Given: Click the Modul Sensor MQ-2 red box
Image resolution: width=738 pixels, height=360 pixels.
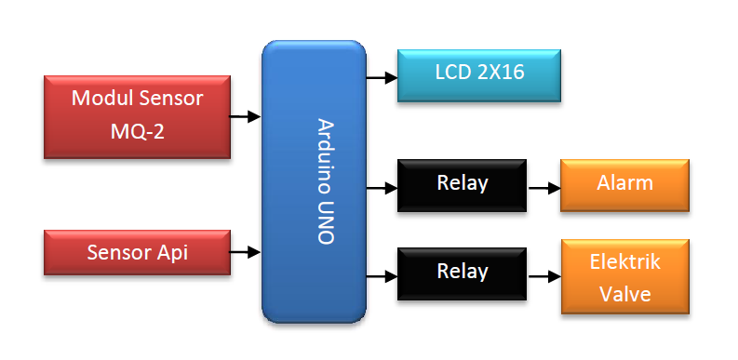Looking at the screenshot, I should tap(137, 117).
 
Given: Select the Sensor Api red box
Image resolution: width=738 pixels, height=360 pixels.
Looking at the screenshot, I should tap(137, 252).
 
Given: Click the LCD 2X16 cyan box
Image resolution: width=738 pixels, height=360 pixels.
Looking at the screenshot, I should tap(479, 74).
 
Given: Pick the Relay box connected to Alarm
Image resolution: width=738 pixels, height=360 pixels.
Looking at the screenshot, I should tap(462, 184).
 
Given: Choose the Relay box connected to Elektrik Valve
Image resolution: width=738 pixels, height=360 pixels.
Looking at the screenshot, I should tap(462, 273).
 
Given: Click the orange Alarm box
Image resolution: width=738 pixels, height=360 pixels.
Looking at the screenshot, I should tap(624, 184).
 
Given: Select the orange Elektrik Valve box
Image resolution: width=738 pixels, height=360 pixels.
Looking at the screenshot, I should tap(624, 276).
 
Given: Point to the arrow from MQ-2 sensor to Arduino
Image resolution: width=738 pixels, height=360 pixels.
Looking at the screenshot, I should tap(246, 117).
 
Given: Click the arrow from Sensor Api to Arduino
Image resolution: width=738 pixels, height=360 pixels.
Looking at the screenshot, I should tap(246, 251).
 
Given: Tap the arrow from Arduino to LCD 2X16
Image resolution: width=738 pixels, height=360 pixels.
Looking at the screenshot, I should tap(382, 78).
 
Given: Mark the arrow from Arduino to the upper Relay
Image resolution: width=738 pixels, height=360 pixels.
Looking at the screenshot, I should tap(382, 188).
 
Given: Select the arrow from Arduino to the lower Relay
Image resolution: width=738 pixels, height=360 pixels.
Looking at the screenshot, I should tap(382, 275).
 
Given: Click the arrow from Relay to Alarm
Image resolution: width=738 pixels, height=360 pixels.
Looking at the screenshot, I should tap(543, 188).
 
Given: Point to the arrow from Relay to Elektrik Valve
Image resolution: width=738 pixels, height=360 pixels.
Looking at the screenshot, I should tap(543, 275).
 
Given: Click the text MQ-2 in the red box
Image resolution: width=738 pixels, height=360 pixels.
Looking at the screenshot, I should tap(137, 132).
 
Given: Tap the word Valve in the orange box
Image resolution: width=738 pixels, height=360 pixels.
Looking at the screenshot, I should tap(624, 293).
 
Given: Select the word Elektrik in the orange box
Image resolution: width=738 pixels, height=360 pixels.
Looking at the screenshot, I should tap(624, 261).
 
